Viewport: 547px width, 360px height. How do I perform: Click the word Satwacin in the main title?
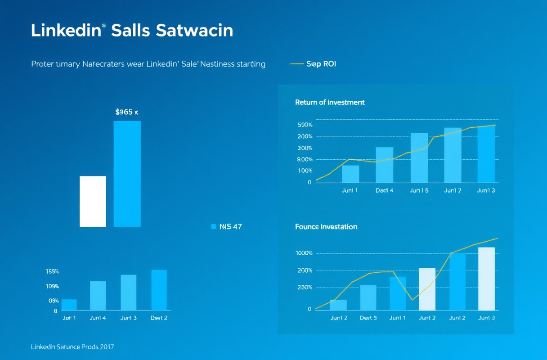[x=194, y=31]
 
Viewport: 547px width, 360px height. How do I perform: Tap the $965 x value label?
[x=127, y=112]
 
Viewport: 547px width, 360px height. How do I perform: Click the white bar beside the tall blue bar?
[x=93, y=202]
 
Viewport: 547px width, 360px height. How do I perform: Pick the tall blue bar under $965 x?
[x=127, y=174]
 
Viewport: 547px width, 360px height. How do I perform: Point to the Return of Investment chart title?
[x=330, y=102]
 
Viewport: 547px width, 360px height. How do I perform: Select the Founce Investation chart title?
[x=326, y=227]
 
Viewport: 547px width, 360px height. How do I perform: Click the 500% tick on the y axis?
[x=305, y=125]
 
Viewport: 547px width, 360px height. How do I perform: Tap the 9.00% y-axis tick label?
[x=305, y=159]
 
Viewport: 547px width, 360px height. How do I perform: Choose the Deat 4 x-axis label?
[x=384, y=190]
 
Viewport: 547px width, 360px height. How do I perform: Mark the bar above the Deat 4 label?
[x=384, y=165]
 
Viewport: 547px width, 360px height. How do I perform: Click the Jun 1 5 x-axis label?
[x=419, y=190]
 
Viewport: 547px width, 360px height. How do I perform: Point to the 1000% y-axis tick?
[x=304, y=253]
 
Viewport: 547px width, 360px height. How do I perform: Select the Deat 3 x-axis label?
[x=368, y=318]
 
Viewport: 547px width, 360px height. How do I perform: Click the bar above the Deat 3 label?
[x=368, y=297]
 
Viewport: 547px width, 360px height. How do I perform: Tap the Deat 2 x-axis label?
[x=159, y=318]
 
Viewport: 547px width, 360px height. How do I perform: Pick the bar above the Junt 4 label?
[x=98, y=296]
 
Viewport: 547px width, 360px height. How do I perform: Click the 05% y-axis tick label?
[x=54, y=301]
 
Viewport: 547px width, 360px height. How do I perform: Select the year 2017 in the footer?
[x=106, y=347]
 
